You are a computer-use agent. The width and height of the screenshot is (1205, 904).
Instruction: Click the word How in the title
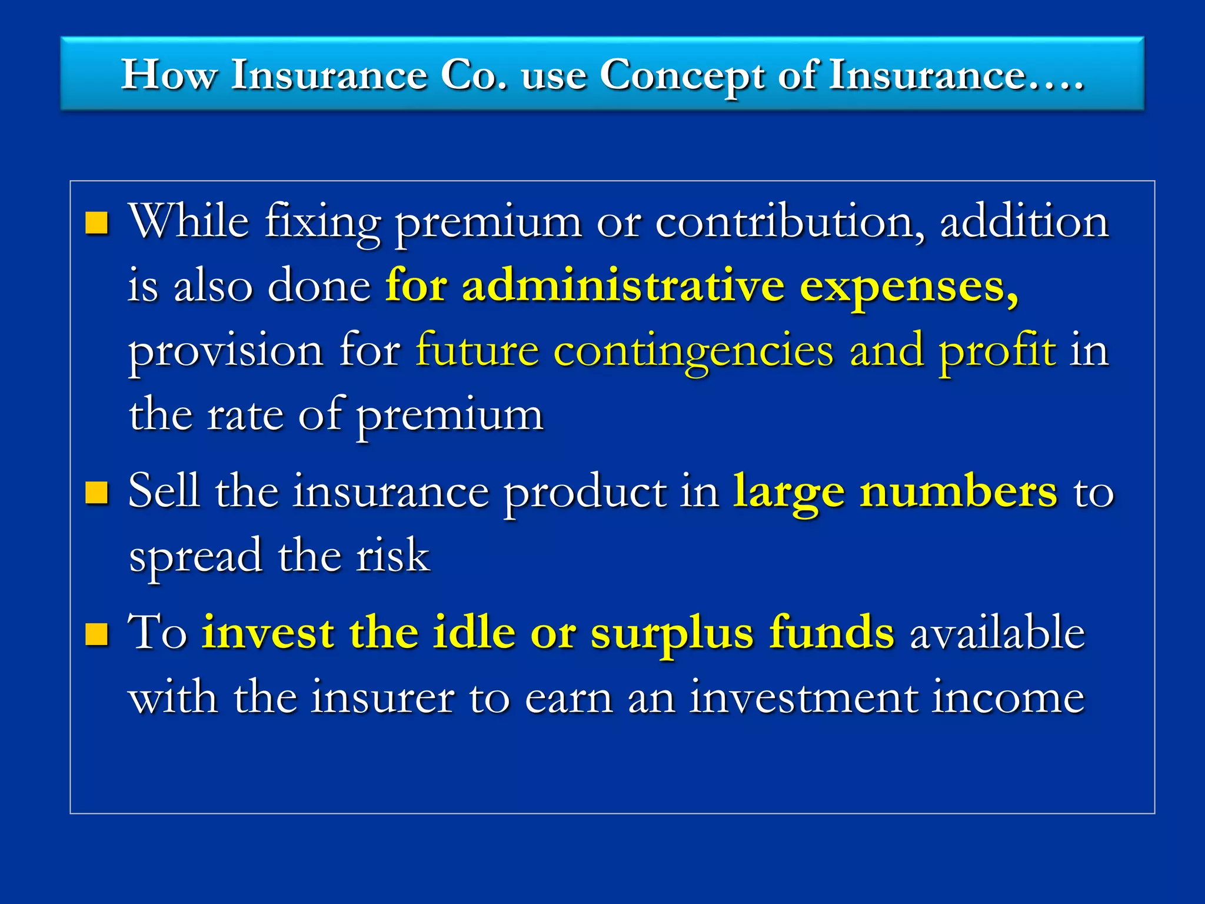pyautogui.click(x=169, y=75)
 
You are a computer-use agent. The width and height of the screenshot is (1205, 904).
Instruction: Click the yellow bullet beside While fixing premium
pyautogui.click(x=97, y=223)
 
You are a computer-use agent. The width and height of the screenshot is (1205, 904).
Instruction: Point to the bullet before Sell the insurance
pyautogui.click(x=97, y=493)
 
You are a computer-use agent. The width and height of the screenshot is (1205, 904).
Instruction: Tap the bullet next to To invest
pyautogui.click(x=97, y=634)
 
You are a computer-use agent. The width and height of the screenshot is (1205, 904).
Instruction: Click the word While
pyautogui.click(x=189, y=222)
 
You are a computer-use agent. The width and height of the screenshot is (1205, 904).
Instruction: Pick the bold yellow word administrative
pyautogui.click(x=623, y=286)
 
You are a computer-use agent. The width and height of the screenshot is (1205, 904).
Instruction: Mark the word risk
pyautogui.click(x=393, y=556)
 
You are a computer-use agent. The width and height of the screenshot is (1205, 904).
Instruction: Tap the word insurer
pyautogui.click(x=382, y=698)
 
